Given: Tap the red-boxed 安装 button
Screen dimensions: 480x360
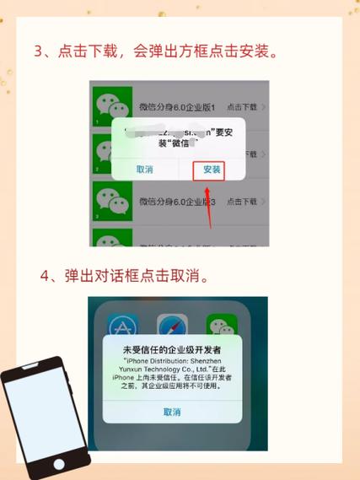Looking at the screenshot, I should tap(212, 170).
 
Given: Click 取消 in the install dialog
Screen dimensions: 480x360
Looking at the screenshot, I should tap(145, 170).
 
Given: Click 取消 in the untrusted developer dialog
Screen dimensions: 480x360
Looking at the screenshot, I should tap(172, 412).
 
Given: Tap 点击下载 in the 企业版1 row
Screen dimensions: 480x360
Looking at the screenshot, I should tap(241, 107).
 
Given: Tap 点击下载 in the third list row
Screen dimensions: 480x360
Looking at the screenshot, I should tap(241, 202).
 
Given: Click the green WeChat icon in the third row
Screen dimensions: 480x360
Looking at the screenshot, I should tap(111, 202).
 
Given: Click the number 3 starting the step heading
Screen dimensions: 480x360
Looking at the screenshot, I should tap(39, 51).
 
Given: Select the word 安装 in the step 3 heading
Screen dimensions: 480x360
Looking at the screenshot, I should tap(255, 51).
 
